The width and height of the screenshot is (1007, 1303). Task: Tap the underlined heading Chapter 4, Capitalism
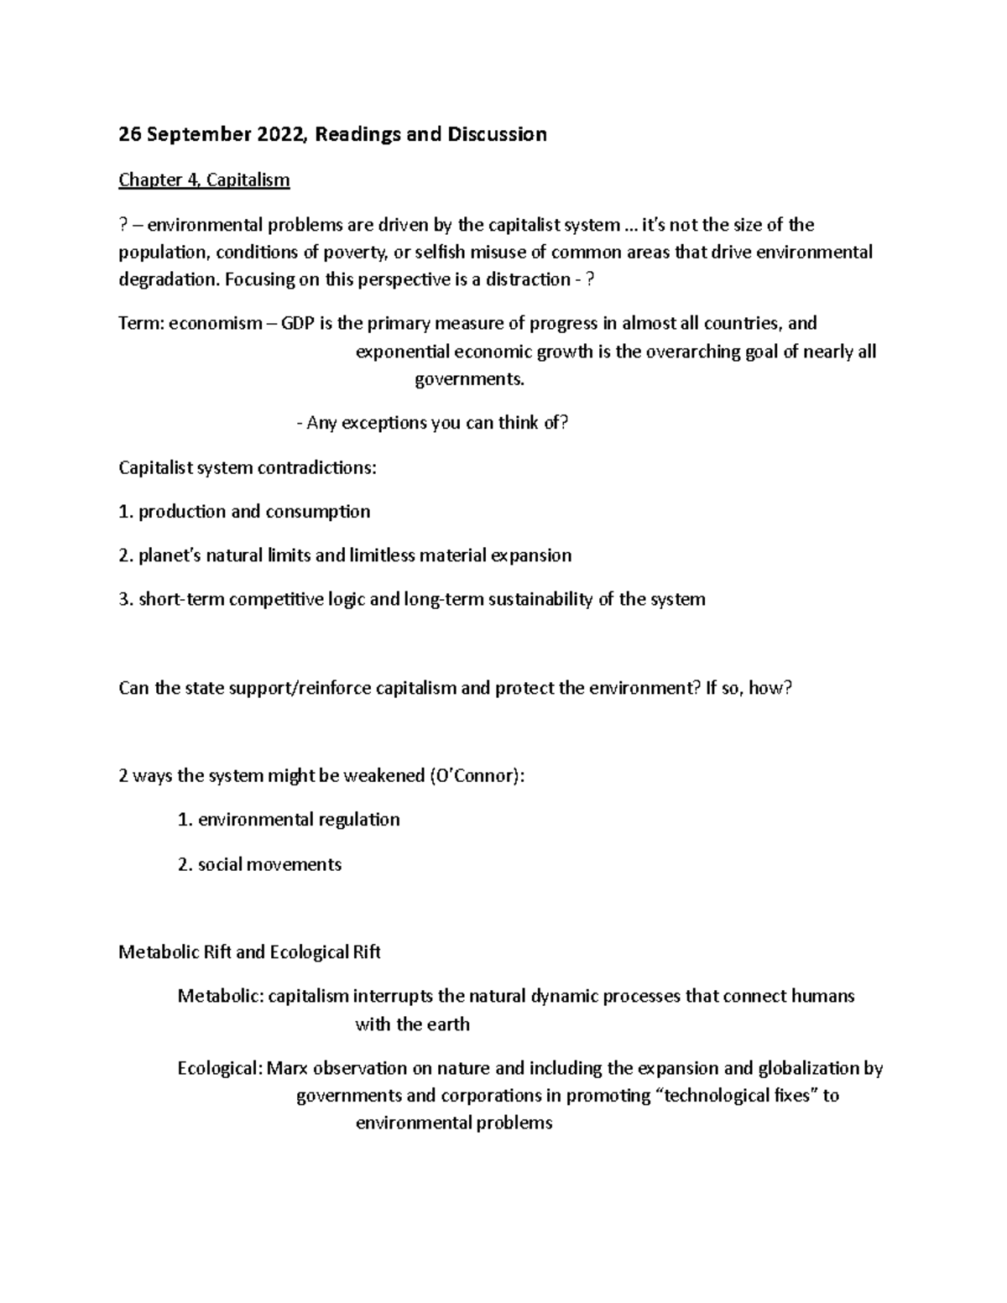pos(204,180)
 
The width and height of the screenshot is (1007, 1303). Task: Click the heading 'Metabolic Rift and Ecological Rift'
pos(250,952)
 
